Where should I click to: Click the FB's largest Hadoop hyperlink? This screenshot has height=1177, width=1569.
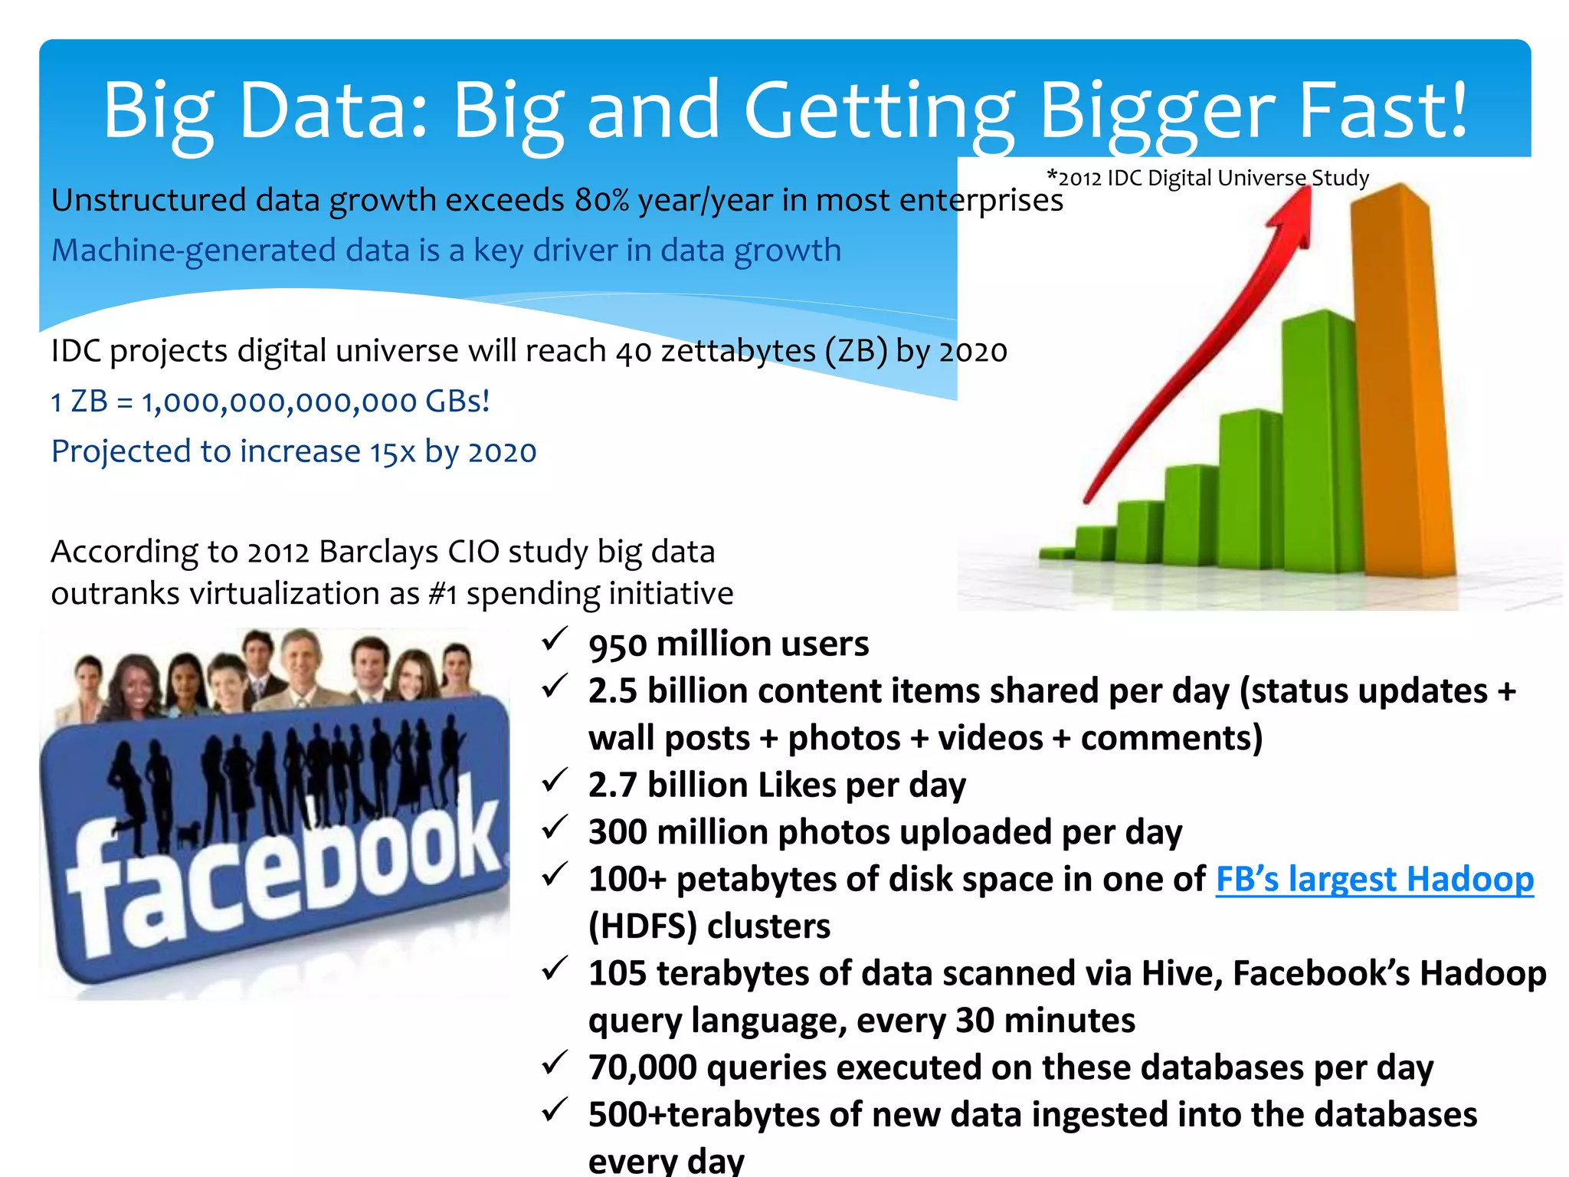[1374, 879]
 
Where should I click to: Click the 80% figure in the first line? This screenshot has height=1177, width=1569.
[602, 201]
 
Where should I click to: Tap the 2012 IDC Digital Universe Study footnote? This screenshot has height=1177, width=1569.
[1208, 178]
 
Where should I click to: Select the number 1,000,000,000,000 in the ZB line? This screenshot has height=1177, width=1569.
[280, 402]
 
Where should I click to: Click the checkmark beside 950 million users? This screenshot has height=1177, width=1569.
[554, 639]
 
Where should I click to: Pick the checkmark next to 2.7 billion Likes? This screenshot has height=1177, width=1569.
[554, 781]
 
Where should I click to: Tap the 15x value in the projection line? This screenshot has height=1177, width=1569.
[392, 452]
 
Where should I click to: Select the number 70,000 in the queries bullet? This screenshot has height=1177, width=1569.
[642, 1067]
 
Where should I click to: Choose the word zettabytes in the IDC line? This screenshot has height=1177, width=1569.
[738, 352]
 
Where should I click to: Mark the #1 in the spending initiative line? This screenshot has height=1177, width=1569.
[443, 594]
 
